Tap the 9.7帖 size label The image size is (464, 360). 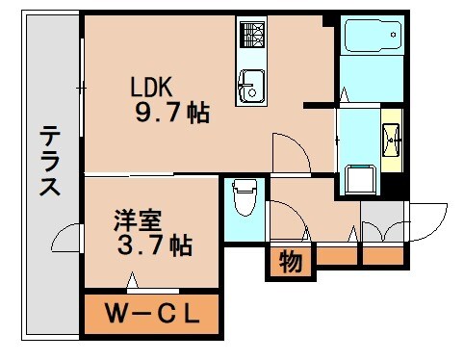click(172, 115)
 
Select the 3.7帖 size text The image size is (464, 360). click(153, 244)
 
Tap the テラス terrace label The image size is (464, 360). click(48, 161)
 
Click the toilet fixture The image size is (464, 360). click(245, 202)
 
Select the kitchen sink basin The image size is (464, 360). click(250, 85)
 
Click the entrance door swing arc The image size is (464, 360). click(429, 219)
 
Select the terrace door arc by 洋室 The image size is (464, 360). click(67, 237)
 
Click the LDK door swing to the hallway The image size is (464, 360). click(289, 152)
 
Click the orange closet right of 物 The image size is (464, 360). click(337, 256)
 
